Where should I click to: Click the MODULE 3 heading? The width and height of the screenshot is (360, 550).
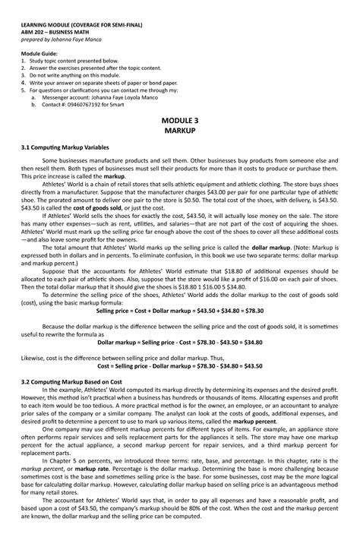click(180, 121)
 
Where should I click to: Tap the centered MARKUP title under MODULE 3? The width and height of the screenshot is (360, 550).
click(180, 131)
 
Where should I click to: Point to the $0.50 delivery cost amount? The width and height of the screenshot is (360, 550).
click(246, 200)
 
